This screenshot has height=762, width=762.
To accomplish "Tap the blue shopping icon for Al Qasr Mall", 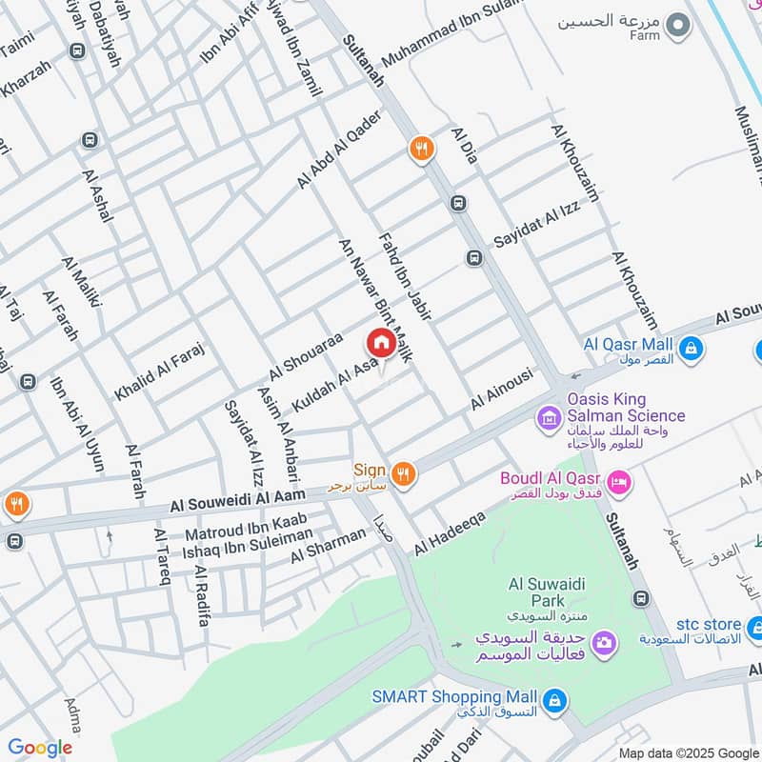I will coord(692,350).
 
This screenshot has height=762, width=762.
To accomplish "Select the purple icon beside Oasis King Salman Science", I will coord(549,417).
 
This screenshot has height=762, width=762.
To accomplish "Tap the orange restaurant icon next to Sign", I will coord(404,473).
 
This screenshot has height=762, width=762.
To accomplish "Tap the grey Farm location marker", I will coord(677,26).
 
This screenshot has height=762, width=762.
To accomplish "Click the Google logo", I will coord(40,748).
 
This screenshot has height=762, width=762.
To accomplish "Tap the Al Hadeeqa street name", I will coord(450,533).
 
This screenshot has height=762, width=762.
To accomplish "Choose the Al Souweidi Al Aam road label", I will coord(238,499).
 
